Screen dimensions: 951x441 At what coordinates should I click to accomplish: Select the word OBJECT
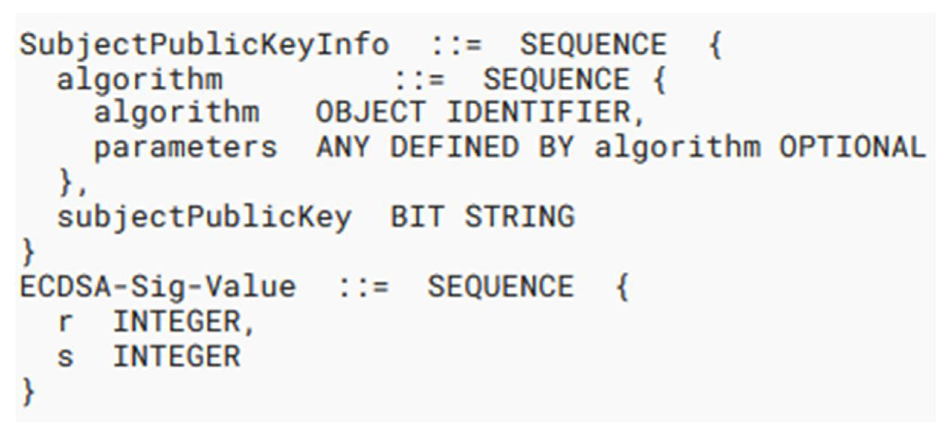pyautogui.click(x=370, y=112)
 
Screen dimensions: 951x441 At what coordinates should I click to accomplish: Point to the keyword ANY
pyautogui.click(x=342, y=147)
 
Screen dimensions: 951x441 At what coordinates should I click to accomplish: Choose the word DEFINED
pyautogui.click(x=454, y=147)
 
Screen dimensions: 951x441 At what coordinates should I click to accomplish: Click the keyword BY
pyautogui.click(x=556, y=147)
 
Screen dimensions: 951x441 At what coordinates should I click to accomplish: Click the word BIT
pyautogui.click(x=417, y=217)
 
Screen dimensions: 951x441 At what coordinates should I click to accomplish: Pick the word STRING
pyautogui.click(x=519, y=217)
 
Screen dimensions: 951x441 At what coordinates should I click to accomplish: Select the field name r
pyautogui.click(x=65, y=322)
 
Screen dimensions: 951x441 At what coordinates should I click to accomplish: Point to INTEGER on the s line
pyautogui.click(x=177, y=357)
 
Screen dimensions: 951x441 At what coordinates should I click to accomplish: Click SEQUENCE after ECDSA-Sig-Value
pyautogui.click(x=500, y=287)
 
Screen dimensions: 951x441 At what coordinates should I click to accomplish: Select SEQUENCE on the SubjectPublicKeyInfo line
pyautogui.click(x=593, y=45)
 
